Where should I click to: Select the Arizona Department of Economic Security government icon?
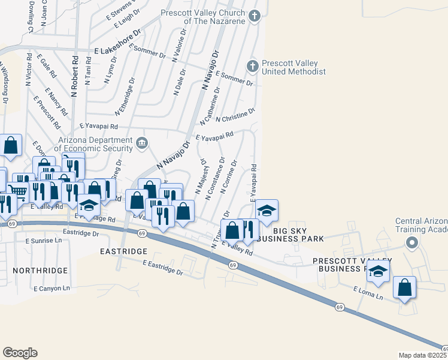click(x=143, y=143)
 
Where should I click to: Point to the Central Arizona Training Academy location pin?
click(x=411, y=243)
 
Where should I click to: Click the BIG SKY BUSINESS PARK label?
click(x=298, y=234)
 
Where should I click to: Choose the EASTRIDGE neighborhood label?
click(x=123, y=251)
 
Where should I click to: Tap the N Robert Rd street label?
click(x=75, y=76)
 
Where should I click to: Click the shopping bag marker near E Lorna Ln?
click(x=405, y=287)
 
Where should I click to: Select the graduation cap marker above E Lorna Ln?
click(x=378, y=271)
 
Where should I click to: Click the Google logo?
click(x=20, y=353)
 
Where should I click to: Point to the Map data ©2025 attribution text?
click(x=423, y=355)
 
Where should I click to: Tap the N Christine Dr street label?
click(x=235, y=115)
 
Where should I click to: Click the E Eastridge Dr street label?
click(x=163, y=267)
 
